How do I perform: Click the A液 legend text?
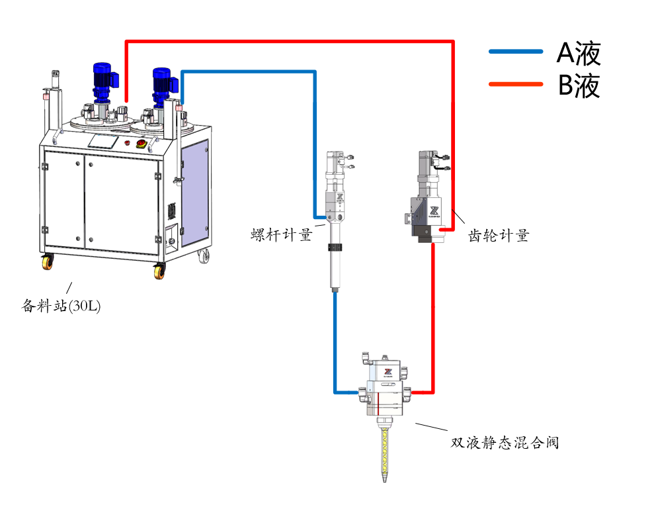[x=578, y=53]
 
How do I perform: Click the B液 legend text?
[x=578, y=85]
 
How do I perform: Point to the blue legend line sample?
[x=516, y=52]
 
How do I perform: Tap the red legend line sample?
[x=516, y=84]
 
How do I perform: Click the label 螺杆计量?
[x=280, y=235]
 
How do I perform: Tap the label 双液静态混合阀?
[x=505, y=442]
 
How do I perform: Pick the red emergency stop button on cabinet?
[x=140, y=143]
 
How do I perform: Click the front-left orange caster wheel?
[x=48, y=263]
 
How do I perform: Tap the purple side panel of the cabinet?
[x=194, y=192]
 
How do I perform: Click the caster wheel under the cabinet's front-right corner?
[x=159, y=270]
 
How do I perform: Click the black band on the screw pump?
[x=337, y=248]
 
